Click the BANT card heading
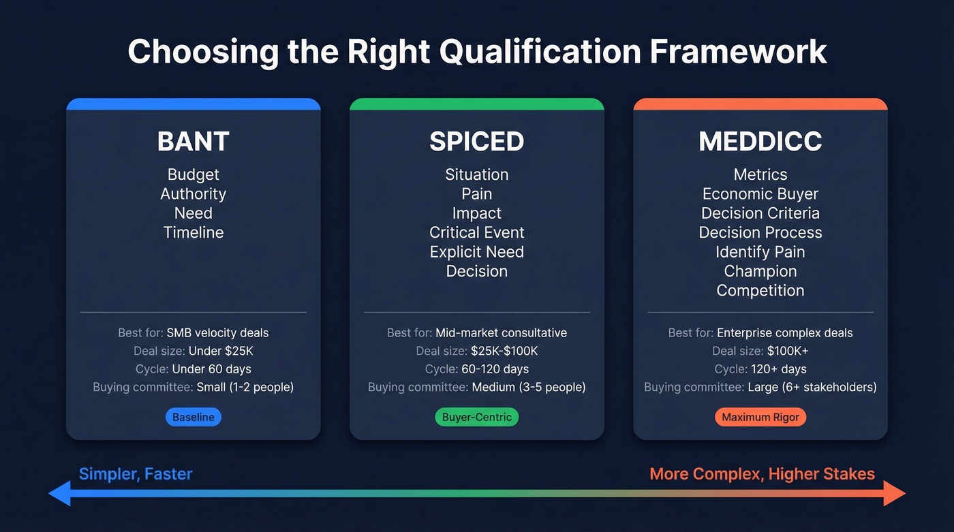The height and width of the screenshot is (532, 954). pyautogui.click(x=193, y=142)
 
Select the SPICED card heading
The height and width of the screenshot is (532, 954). pyautogui.click(x=476, y=142)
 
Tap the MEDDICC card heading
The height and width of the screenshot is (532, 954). pyautogui.click(x=760, y=142)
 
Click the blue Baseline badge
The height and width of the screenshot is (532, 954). pyautogui.click(x=194, y=417)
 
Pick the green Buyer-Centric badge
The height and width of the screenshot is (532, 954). pyautogui.click(x=476, y=417)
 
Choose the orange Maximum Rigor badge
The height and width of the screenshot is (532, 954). pyautogui.click(x=760, y=417)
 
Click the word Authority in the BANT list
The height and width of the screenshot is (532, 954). pyautogui.click(x=193, y=194)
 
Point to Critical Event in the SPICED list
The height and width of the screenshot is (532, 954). pyautogui.click(x=476, y=232)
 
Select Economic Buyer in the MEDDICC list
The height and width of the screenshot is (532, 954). pyautogui.click(x=760, y=194)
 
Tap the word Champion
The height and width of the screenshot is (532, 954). pyautogui.click(x=760, y=271)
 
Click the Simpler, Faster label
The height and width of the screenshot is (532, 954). pyautogui.click(x=136, y=474)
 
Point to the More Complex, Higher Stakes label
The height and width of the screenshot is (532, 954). pyautogui.click(x=762, y=474)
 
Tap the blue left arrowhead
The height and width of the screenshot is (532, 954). pyautogui.click(x=60, y=493)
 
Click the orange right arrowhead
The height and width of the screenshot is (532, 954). pyautogui.click(x=894, y=493)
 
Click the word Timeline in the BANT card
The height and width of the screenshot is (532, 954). pyautogui.click(x=193, y=232)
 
